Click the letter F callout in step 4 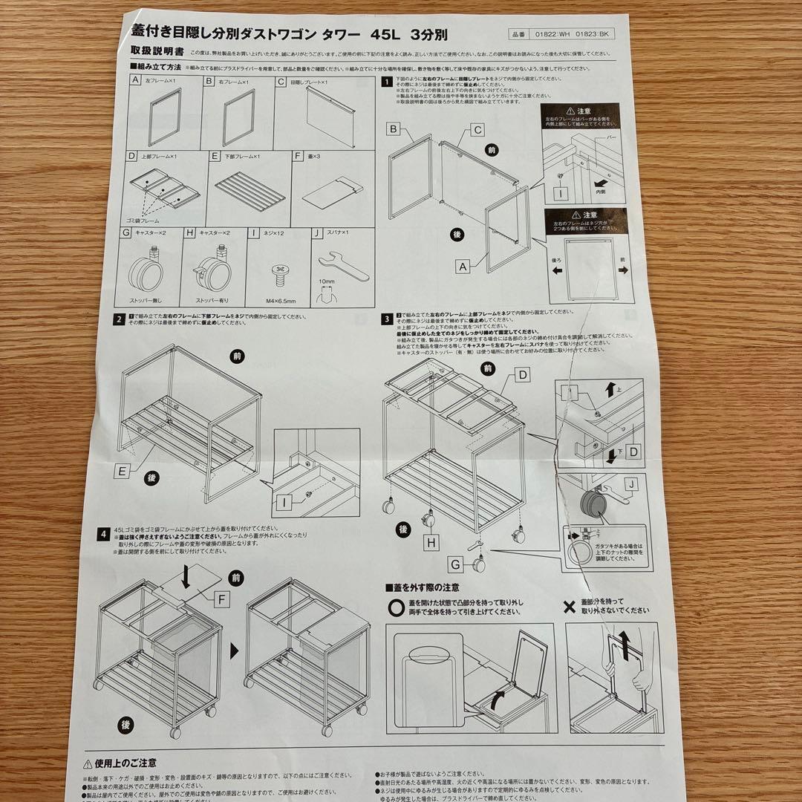tap(222, 598)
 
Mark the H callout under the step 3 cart tap(431, 542)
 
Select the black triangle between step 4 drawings tap(235, 651)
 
